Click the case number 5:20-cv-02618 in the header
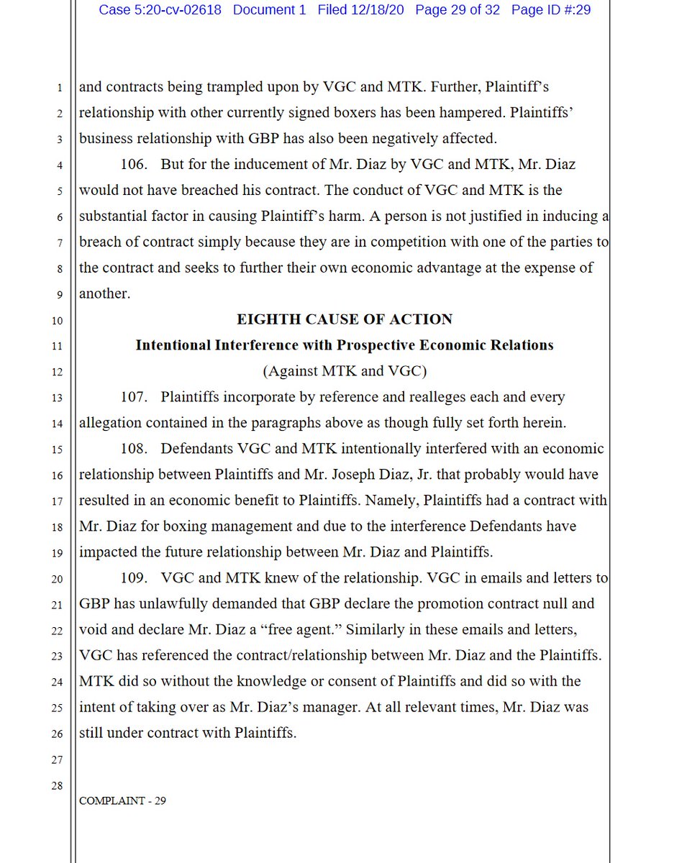160,11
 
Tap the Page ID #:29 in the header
551,11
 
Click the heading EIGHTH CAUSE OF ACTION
344,319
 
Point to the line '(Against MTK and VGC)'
344,371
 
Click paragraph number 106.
133,165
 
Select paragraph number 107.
133,397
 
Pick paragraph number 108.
133,449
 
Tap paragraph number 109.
133,577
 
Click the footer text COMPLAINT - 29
122,800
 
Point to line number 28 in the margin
56,785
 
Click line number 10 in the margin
56,320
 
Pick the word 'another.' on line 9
104,293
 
